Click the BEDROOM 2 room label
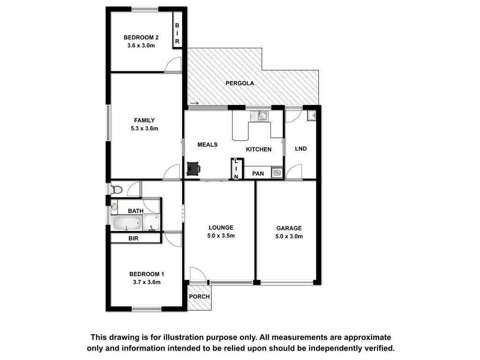pos(141,37)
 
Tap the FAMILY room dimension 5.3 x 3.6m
pos(144,128)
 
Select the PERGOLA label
pos(240,83)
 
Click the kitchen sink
pos(259,116)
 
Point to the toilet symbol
pos(116,189)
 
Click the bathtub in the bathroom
pos(127,223)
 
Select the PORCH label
pos(199,297)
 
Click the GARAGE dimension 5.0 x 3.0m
pos(289,236)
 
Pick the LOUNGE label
pos(221,227)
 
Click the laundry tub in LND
pos(312,115)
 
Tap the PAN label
pos(258,173)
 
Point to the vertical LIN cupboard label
pos(236,169)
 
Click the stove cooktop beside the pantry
pos(277,173)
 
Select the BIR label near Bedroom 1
pos(133,238)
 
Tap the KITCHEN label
pos(259,150)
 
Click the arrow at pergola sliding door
pos(195,104)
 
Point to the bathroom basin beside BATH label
pos(114,207)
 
